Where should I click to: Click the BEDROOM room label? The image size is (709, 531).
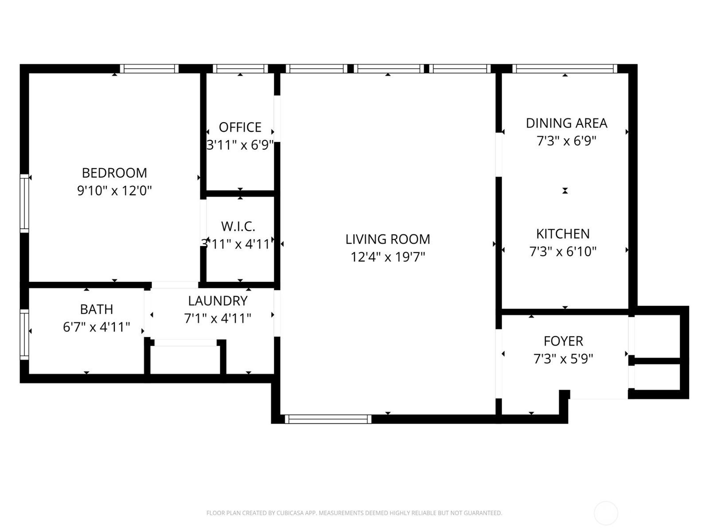(x=114, y=173)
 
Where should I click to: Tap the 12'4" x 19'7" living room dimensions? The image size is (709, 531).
(x=388, y=257)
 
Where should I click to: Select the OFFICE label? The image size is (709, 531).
(x=240, y=127)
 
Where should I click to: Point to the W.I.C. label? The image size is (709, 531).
(x=238, y=227)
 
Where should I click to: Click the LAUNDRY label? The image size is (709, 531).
(x=218, y=301)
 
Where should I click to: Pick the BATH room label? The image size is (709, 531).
(x=97, y=309)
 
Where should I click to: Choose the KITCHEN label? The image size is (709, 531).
(x=563, y=234)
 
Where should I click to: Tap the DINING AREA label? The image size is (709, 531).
(x=567, y=123)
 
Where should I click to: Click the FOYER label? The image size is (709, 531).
(x=563, y=341)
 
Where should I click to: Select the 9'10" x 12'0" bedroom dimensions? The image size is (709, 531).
(x=114, y=191)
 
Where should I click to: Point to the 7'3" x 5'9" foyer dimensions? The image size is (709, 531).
(x=563, y=359)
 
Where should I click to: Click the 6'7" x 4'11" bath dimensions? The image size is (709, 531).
(x=97, y=327)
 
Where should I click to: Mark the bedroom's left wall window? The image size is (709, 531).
(x=24, y=204)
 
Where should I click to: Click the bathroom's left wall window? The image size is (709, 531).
(x=24, y=335)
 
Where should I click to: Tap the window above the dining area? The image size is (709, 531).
(x=565, y=69)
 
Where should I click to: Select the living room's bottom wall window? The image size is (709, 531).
(x=328, y=419)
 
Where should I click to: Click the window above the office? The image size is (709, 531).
(x=240, y=69)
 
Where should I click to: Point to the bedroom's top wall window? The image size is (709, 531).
(x=149, y=69)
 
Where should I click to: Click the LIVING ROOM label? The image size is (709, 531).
(x=388, y=239)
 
